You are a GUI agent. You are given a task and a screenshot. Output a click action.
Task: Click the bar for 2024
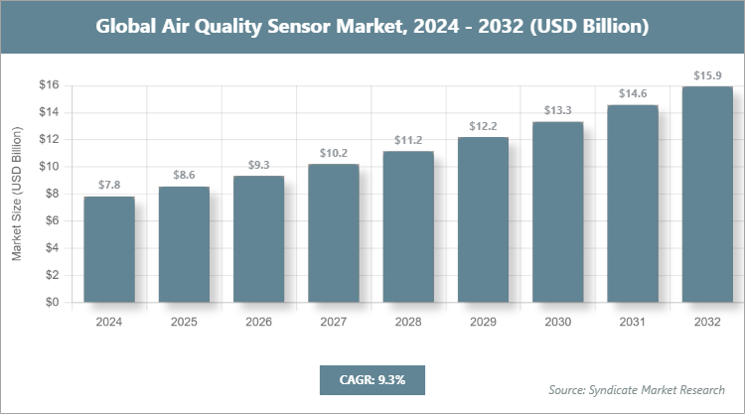[109, 249]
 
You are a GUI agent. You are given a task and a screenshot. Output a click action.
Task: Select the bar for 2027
[334, 233]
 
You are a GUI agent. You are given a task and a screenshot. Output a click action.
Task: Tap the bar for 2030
[557, 212]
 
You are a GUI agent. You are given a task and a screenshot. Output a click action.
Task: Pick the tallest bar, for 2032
[707, 195]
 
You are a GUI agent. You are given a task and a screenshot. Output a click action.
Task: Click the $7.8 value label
[109, 186]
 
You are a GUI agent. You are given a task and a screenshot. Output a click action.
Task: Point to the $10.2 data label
[334, 153]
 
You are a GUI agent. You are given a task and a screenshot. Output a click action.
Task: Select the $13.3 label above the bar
[557, 110]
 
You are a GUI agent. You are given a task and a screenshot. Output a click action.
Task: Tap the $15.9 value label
[707, 75]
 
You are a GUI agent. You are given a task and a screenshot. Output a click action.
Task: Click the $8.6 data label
[184, 175]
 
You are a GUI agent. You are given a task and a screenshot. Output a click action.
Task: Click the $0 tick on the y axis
[52, 303]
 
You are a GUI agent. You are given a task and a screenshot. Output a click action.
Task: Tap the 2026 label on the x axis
[258, 322]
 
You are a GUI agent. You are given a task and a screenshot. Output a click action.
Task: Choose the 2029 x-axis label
[483, 322]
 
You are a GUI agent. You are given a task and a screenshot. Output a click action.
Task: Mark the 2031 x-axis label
[633, 322]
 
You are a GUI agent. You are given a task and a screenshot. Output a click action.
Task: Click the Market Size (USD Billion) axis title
[17, 195]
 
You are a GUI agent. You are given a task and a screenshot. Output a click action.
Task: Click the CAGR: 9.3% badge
[372, 379]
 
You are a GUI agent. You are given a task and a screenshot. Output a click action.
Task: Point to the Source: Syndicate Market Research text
[637, 389]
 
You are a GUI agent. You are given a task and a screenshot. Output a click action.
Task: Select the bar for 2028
[408, 226]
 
